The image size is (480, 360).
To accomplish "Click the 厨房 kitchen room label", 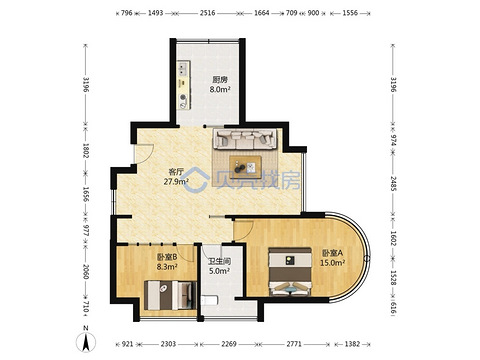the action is coord(220,80).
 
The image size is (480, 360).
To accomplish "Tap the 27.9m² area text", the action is coord(176,181).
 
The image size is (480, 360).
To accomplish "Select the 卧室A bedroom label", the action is coord(332,253).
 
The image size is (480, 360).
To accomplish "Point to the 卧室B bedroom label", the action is coord(167,257).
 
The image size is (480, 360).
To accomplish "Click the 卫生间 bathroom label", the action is coord(219,262).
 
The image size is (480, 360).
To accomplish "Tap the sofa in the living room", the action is coord(245,139).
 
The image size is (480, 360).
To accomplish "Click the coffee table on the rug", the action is coord(245,167).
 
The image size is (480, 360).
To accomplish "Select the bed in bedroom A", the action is coord(290,272).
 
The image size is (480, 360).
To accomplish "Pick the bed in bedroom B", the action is coord(170,295).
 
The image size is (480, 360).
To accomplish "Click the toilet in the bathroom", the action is coord(209,300).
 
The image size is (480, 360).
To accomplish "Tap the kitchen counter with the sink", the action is coord(183,85).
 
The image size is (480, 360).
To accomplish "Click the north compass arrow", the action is coord(86,342).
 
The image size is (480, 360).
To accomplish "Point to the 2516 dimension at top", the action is coord(207,13).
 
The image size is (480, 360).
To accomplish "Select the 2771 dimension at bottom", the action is coord(294,344).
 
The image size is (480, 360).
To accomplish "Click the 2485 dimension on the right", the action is coord(393,183).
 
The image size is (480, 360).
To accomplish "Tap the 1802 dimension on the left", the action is coord(86,151).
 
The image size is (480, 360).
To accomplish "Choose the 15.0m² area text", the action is coord(332,263).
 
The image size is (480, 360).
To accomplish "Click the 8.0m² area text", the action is coord(220,89).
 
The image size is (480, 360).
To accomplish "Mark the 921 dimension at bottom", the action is coord(127,344).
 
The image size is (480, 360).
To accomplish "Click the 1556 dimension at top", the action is coord(350,13).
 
